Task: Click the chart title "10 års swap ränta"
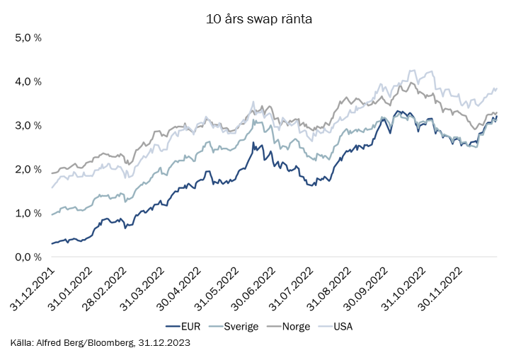258,19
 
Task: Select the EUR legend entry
183,327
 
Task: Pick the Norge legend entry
288,327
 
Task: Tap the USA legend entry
336,327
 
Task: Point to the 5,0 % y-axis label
28,37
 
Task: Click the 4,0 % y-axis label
28,81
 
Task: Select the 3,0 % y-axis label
28,126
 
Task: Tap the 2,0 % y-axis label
28,170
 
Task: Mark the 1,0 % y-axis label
28,214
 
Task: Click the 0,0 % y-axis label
28,257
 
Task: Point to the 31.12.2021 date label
33,289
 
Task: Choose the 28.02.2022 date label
105,289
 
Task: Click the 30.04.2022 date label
178,289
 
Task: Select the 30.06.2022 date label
253,289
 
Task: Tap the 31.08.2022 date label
329,289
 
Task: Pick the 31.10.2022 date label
403,289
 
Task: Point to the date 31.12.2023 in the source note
164,342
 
